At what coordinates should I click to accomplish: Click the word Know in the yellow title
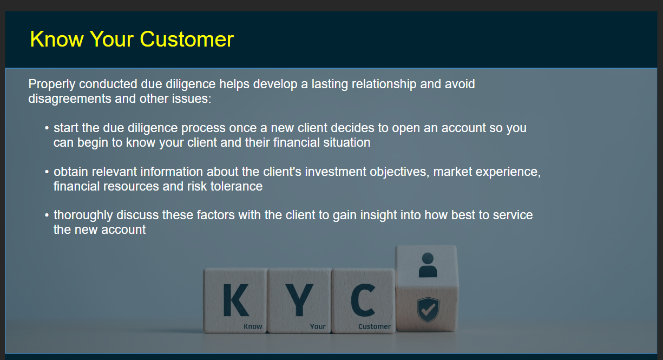(57, 39)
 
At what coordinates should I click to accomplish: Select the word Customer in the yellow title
(187, 39)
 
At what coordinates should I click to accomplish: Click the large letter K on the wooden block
(235, 300)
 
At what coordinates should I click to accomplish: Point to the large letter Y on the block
(299, 300)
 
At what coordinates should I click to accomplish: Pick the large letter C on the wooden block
(363, 300)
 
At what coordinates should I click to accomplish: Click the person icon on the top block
(428, 265)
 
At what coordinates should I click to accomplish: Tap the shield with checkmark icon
(428, 310)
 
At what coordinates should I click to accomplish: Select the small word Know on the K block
(253, 326)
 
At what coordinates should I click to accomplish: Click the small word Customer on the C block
(375, 326)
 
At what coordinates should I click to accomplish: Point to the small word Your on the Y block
(318, 326)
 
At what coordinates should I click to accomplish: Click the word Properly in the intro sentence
(52, 84)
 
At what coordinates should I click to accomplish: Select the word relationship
(384, 84)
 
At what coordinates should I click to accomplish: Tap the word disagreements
(70, 99)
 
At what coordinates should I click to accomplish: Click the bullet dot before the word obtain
(47, 172)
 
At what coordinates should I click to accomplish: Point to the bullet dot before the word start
(47, 128)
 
